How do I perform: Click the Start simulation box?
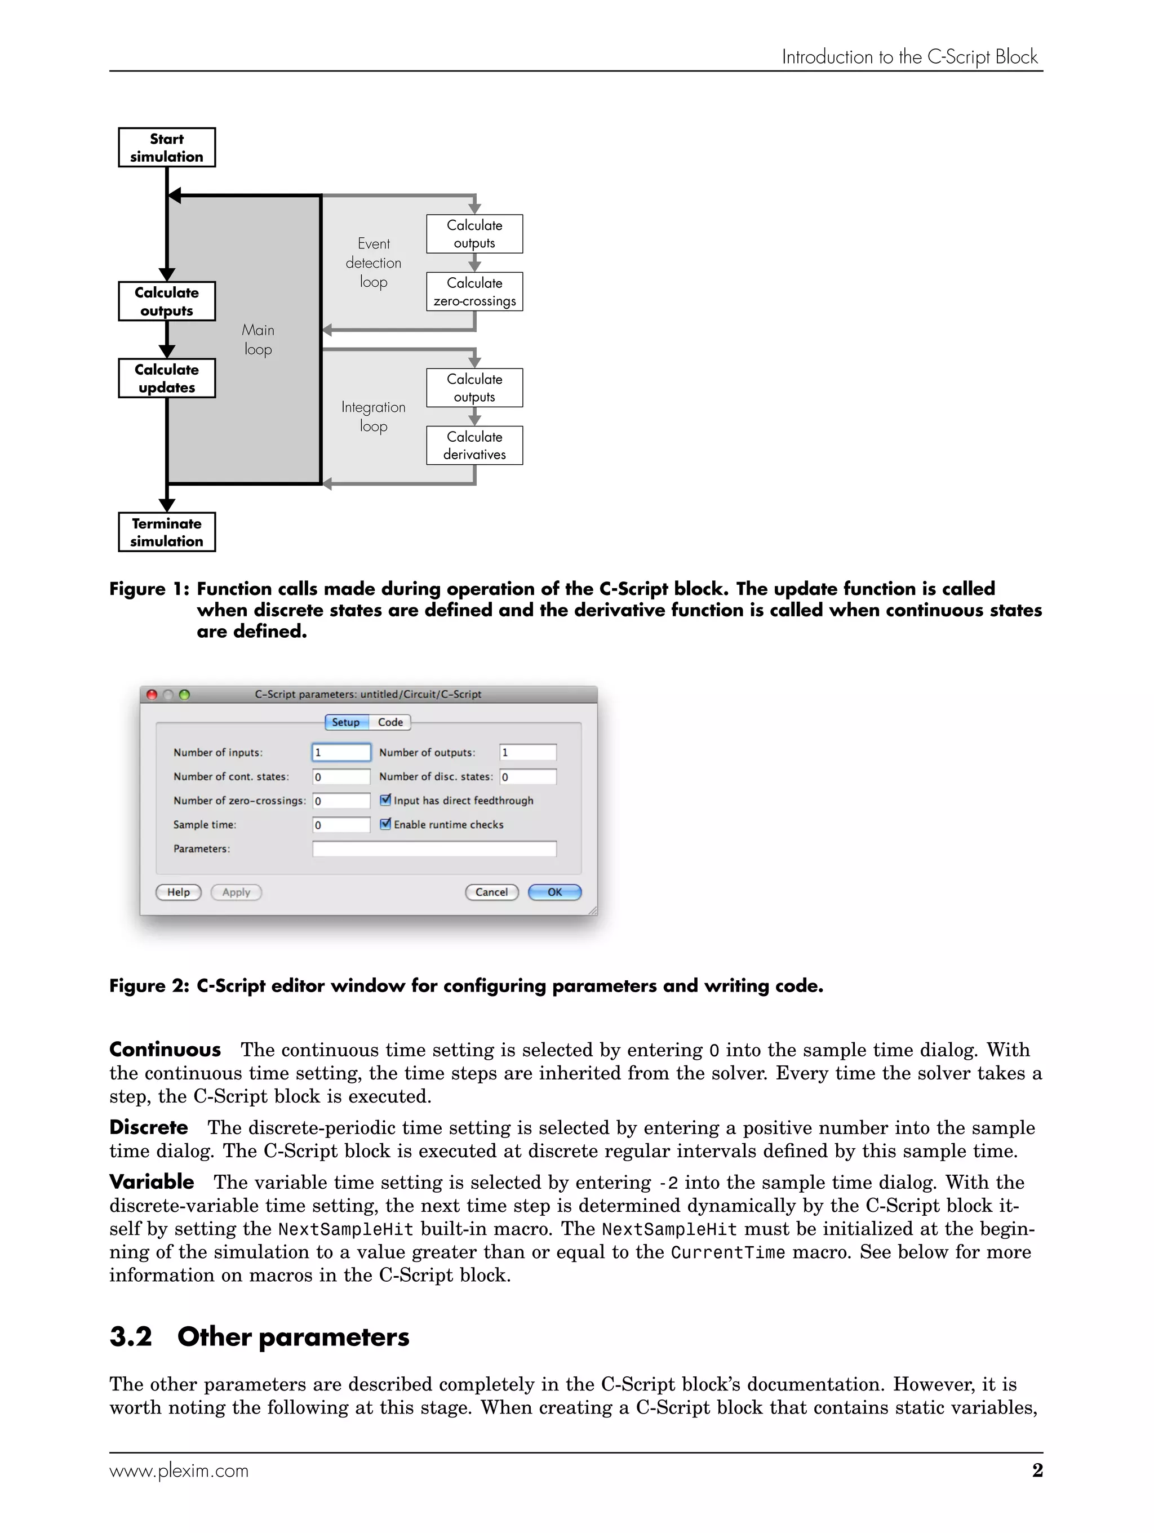click(x=166, y=148)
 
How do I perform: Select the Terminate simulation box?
click(x=166, y=532)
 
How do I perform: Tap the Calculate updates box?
click(x=166, y=379)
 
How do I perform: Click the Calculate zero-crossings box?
click(x=474, y=292)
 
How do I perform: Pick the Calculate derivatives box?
click(x=474, y=446)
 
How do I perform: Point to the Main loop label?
click(x=258, y=340)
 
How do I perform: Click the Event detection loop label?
click(x=374, y=263)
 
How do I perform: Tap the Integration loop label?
click(x=374, y=416)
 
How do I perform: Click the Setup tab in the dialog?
click(x=346, y=722)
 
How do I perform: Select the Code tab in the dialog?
click(x=390, y=722)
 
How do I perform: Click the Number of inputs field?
click(x=341, y=753)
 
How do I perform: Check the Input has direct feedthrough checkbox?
click(x=386, y=800)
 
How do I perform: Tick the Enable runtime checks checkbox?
click(x=386, y=824)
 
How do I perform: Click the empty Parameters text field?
click(x=434, y=849)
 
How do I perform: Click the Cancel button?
click(x=491, y=892)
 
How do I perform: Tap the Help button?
click(x=178, y=892)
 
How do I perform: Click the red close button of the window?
click(x=152, y=695)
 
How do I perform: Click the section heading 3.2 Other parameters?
click(x=259, y=1337)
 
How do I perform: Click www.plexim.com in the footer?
click(x=179, y=1470)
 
